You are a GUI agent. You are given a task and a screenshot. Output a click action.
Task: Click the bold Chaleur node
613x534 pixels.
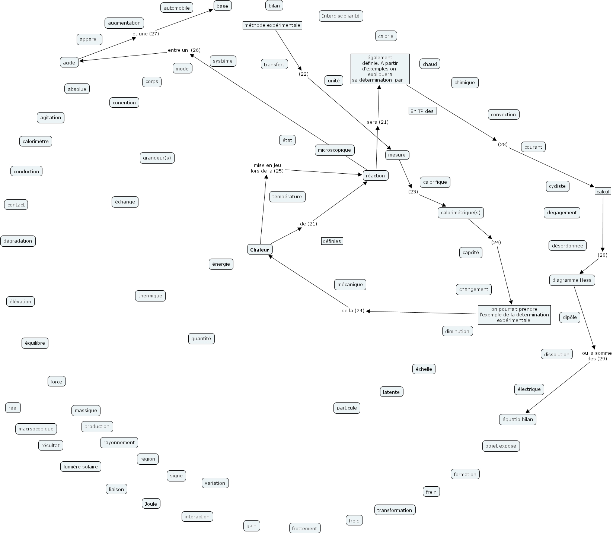pos(260,250)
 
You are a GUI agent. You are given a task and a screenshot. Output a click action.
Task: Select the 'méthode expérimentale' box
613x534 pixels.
pos(272,25)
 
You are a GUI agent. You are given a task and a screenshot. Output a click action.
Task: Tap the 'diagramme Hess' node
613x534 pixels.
pos(572,280)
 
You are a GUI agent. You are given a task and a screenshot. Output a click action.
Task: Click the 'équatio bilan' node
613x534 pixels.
pos(517,419)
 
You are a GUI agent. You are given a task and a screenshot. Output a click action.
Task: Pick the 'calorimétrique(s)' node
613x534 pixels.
pos(460,213)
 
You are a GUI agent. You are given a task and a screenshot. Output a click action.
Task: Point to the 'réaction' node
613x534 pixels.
pos(375,176)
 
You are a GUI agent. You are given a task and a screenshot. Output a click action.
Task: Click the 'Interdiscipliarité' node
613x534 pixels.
pos(341,16)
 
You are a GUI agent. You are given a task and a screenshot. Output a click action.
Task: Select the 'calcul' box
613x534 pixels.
pos(603,192)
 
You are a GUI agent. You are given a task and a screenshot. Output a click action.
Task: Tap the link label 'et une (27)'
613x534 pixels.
pos(146,34)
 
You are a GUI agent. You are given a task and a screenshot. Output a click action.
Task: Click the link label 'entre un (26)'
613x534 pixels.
pos(184,50)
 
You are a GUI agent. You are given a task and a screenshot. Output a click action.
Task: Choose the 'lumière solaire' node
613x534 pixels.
pos(81,467)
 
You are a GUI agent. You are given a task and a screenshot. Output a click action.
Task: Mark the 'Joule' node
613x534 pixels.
pos(151,504)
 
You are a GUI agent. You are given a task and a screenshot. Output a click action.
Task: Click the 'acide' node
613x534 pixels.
pos(69,63)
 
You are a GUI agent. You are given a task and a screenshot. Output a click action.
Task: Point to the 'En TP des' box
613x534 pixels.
pos(422,111)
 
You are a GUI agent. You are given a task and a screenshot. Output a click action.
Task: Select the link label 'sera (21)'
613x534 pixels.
pos(377,122)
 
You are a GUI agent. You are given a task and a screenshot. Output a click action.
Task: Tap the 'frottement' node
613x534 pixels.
pos(304,528)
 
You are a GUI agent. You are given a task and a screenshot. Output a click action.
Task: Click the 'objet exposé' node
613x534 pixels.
pos(501,446)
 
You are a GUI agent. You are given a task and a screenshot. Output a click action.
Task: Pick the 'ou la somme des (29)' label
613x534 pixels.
pos(597,356)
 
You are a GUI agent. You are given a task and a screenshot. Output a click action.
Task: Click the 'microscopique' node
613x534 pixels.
pos(334,150)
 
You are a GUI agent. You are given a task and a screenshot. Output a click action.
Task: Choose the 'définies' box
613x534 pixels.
pos(332,241)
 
